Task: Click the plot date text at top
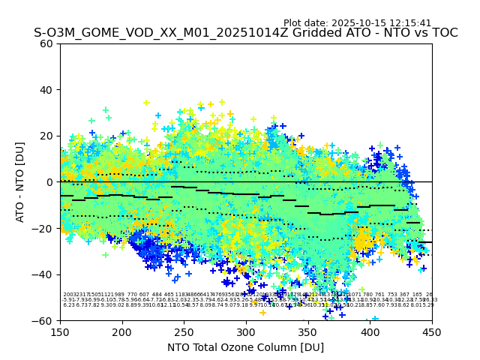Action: pos(357,23)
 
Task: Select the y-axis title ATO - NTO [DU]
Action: pos(21,181)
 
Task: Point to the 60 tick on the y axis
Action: pos(46,43)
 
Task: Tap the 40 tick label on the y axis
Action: pos(46,89)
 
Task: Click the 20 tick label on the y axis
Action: pos(46,136)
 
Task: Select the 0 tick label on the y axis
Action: pos(49,182)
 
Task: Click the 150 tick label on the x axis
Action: pos(60,331)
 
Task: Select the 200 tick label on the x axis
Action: pos(122,331)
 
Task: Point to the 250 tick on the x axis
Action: pos(184,331)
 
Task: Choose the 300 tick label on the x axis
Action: pos(246,331)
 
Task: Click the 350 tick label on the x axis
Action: pos(308,331)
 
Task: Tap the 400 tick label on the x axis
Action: pos(370,331)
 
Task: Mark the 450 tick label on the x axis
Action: pos(432,331)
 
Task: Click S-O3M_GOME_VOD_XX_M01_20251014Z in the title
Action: pos(150,33)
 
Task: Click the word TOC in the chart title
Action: pos(443,33)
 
